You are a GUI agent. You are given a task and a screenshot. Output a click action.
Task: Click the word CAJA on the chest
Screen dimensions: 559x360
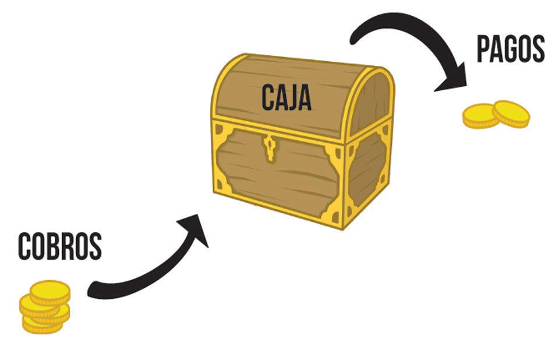tap(286, 97)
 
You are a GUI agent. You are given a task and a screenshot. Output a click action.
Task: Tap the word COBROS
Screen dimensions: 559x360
tap(60, 246)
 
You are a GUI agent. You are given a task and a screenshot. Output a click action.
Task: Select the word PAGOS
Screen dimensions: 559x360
tap(511, 49)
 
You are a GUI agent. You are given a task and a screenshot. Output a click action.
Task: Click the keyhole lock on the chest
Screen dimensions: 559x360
tap(270, 148)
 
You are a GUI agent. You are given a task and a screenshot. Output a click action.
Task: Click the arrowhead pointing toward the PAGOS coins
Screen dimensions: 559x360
tap(454, 79)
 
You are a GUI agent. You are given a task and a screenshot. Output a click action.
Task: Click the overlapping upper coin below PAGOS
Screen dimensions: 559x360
tap(511, 114)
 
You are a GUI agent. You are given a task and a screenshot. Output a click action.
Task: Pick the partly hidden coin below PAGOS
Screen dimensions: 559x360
tap(479, 116)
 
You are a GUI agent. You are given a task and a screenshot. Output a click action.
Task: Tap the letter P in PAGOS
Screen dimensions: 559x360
tap(483, 49)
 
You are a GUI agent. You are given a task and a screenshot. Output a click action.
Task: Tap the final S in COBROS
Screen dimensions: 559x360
tap(95, 246)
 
